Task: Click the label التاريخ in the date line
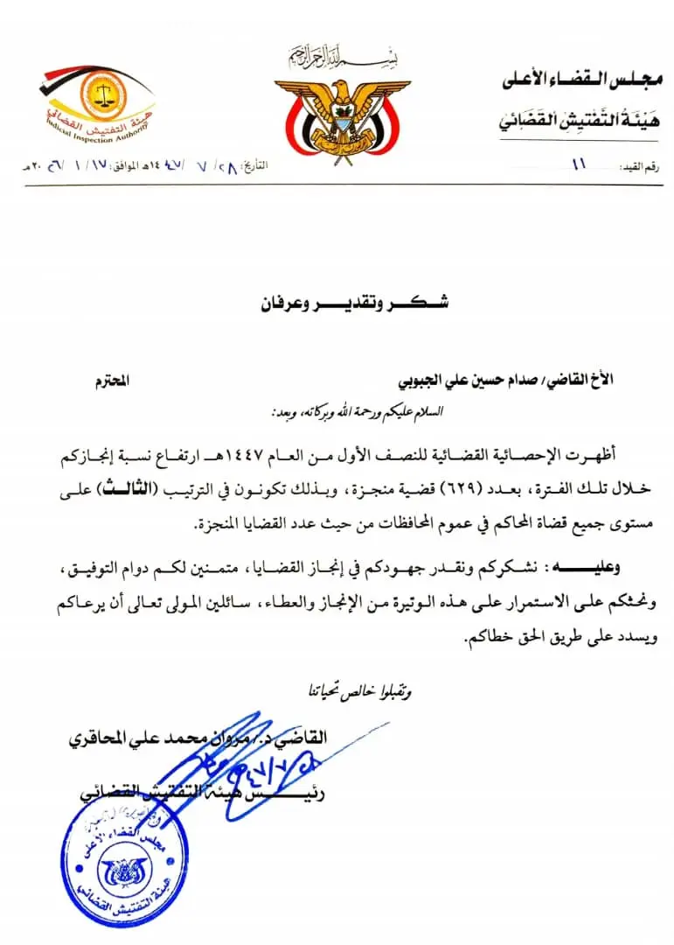pyautogui.click(x=283, y=165)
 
